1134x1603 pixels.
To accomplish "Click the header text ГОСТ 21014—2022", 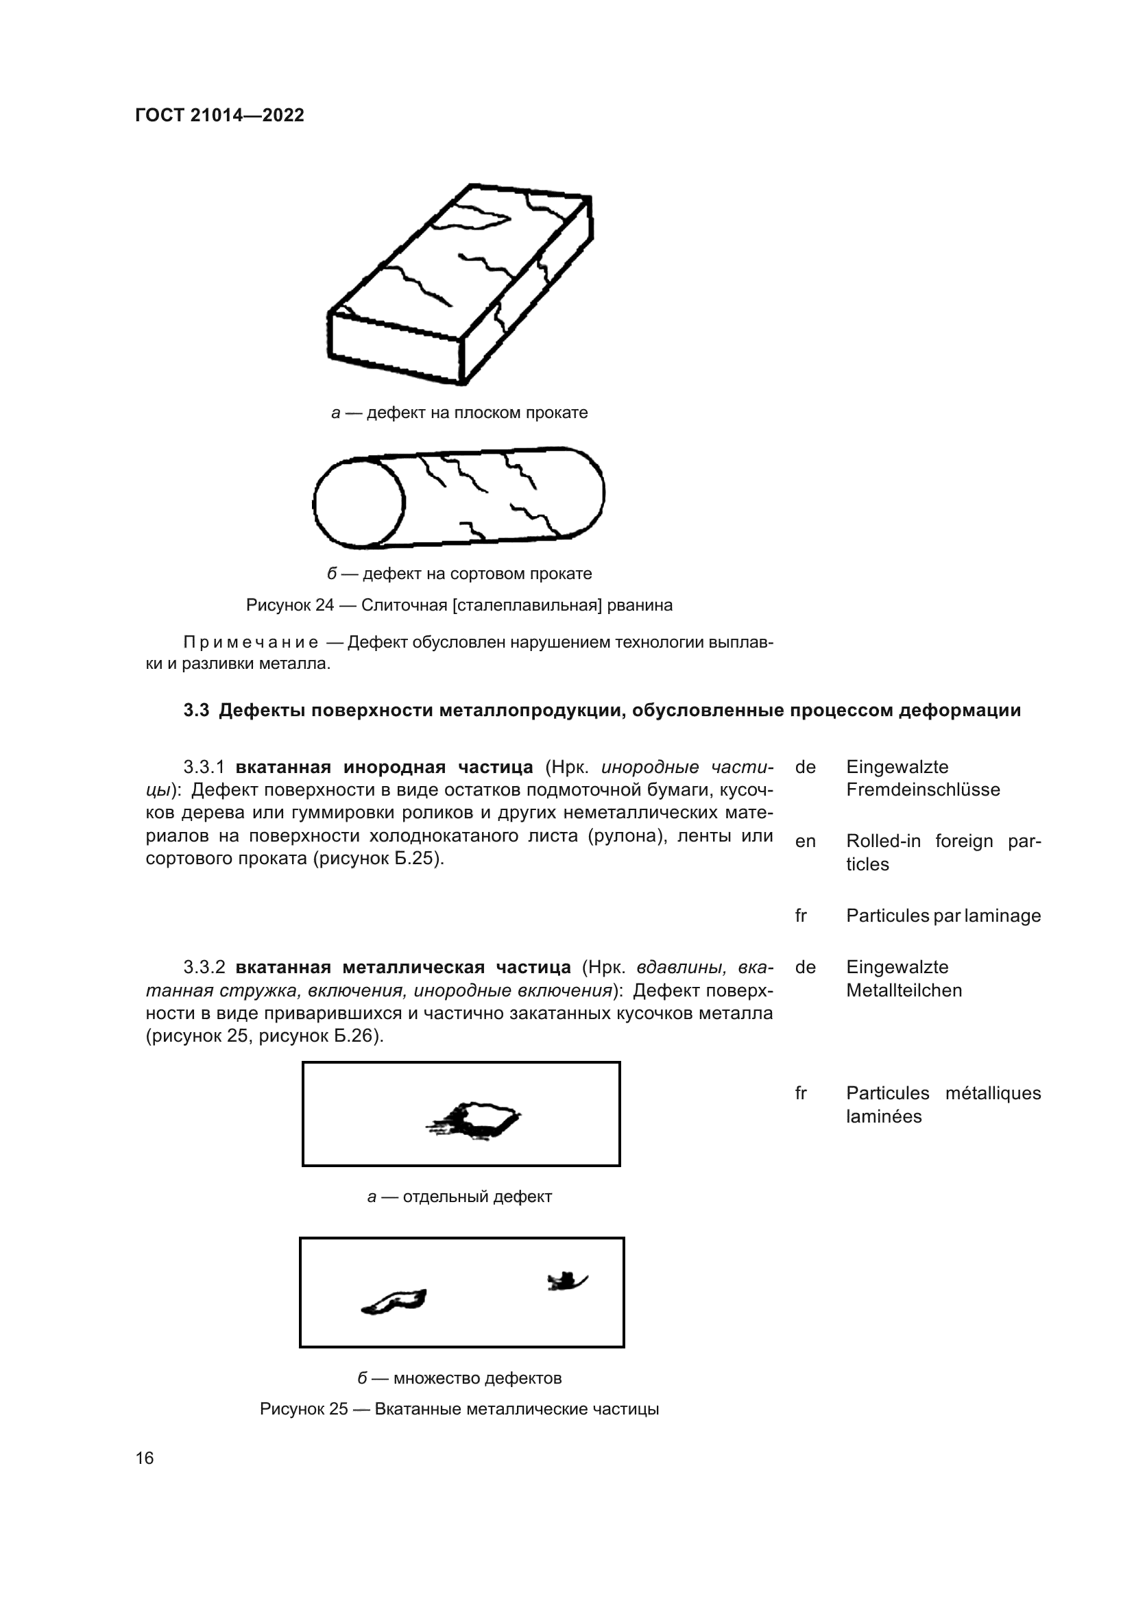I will click(219, 116).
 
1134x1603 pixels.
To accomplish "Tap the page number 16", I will click(145, 1458).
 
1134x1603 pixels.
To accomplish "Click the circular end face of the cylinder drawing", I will click(359, 502).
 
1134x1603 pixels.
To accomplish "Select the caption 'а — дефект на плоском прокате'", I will click(459, 413).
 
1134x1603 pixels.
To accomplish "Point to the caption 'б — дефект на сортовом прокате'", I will click(459, 573).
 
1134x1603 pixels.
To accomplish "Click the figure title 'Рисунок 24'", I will click(290, 604).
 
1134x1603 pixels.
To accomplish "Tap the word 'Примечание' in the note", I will click(250, 641).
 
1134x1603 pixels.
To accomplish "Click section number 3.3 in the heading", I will click(196, 710).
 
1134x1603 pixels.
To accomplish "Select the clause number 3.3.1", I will click(204, 767).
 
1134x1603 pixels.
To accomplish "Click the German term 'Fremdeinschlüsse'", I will click(922, 790).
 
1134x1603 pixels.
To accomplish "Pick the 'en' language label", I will click(805, 842).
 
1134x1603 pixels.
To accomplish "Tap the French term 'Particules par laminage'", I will click(943, 916).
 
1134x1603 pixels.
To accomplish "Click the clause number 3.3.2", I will click(204, 967).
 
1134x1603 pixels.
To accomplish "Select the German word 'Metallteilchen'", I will click(904, 990).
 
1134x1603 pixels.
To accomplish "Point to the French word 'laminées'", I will click(883, 1116).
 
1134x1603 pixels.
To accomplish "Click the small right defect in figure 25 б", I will click(566, 1280).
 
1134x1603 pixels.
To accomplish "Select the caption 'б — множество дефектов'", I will click(459, 1378).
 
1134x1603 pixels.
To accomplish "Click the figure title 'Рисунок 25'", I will click(303, 1409).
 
